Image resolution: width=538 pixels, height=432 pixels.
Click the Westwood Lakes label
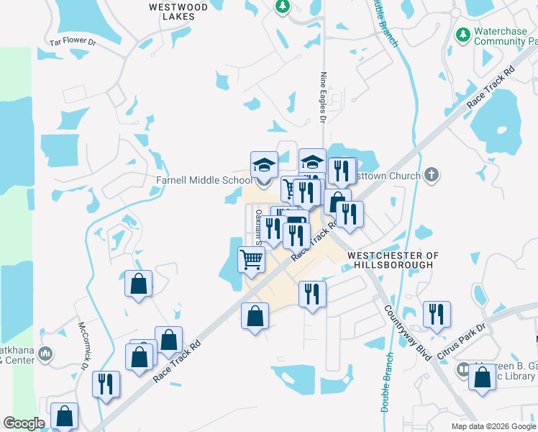click(x=178, y=12)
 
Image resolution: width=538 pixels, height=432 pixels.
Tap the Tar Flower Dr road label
click(x=73, y=42)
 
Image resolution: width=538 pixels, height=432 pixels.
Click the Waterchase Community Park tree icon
click(x=462, y=33)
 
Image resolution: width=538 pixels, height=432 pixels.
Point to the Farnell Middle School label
click(x=204, y=180)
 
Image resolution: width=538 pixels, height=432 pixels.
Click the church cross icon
click(x=431, y=175)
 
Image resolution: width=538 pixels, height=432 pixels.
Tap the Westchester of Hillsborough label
click(x=393, y=260)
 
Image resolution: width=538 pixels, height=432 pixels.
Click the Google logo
click(x=24, y=423)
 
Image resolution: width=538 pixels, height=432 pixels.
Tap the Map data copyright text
click(x=493, y=426)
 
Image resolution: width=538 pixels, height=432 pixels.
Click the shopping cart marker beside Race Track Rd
click(x=251, y=259)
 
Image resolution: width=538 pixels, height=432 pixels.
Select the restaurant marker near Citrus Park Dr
click(x=437, y=315)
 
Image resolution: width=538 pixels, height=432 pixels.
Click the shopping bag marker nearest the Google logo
click(x=65, y=415)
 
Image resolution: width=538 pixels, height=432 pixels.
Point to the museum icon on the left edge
click(x=45, y=354)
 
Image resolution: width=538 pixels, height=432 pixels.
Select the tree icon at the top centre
click(x=282, y=6)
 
